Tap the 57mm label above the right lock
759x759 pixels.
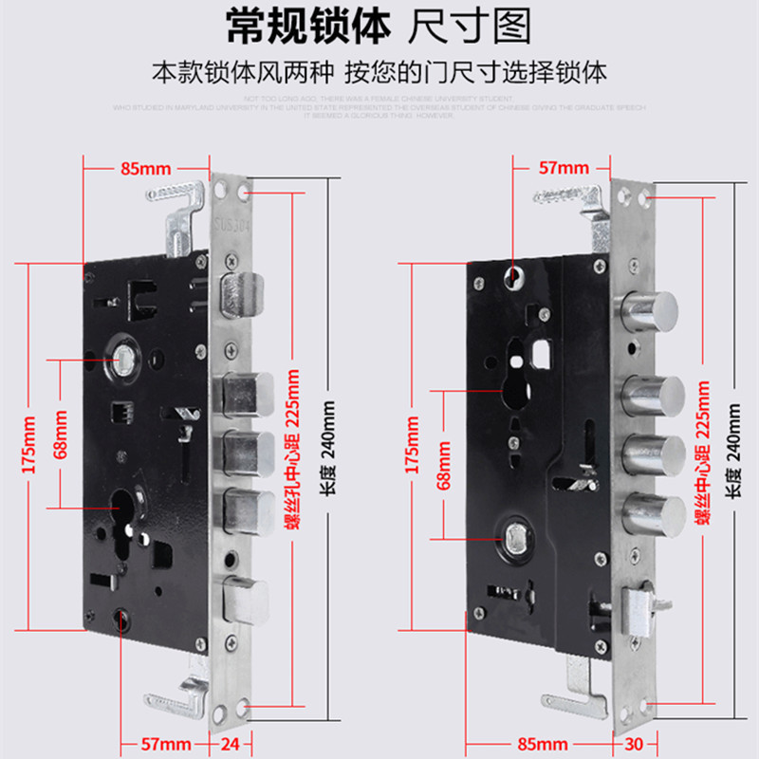coord(564,168)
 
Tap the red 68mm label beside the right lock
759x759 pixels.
coord(443,465)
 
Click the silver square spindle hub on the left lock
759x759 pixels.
coord(123,358)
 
